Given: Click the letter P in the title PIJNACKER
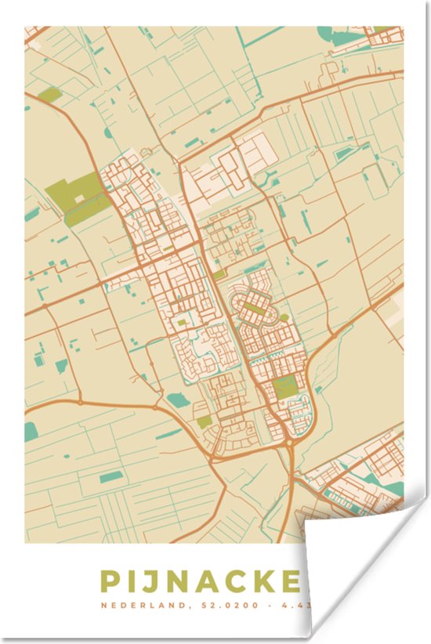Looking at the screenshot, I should pos(110,581).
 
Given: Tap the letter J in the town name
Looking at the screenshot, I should pos(152,581).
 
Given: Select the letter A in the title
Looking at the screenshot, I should pos(208,581).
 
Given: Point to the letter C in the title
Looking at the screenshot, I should pos(238,581).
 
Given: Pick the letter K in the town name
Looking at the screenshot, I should pos(269,581).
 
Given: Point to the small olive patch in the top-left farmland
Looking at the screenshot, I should pos(49,96).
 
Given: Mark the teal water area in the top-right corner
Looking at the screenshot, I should pos(333,34).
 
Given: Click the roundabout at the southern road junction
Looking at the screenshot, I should pos(290,443).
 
